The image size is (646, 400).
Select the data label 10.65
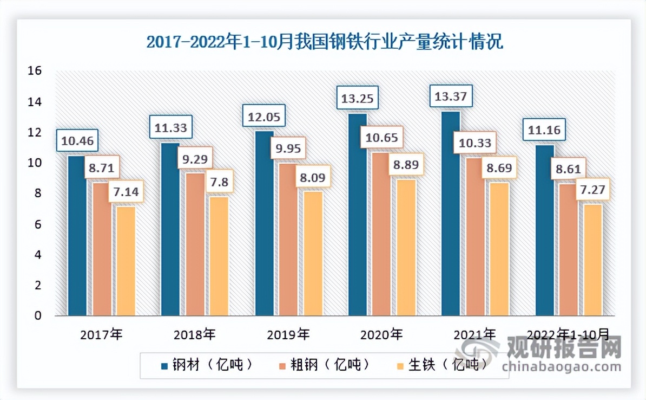pos(381,138)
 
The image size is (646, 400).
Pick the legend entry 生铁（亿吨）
pos(440,364)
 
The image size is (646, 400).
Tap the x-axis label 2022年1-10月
pos(568,334)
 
